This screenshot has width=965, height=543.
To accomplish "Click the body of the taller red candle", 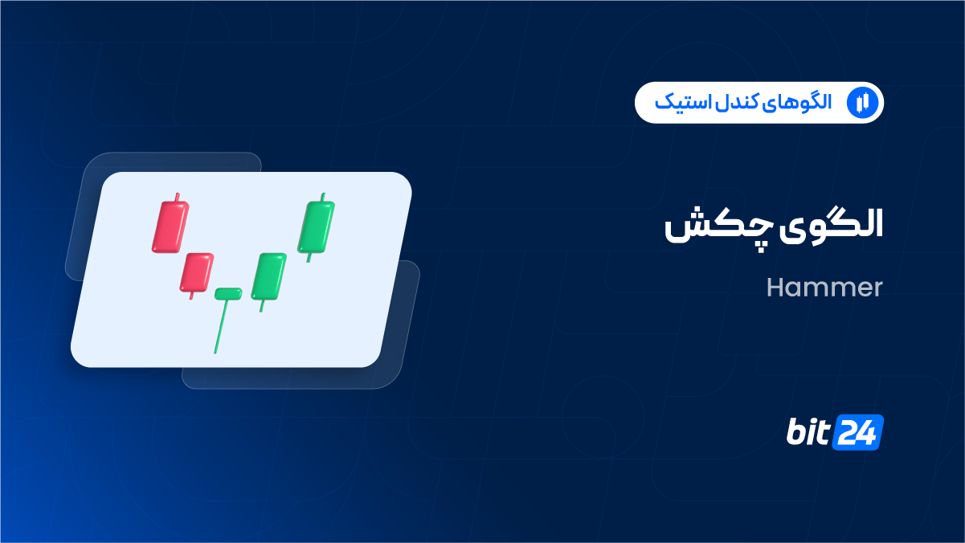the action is pyautogui.click(x=170, y=227).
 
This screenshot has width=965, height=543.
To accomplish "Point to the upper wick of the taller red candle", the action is pyautogui.click(x=177, y=197).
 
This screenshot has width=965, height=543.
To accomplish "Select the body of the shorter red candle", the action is pyautogui.click(x=196, y=272).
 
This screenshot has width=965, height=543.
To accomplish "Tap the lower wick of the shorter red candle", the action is pyautogui.click(x=192, y=296).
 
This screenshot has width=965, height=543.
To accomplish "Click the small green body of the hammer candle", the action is pyautogui.click(x=228, y=294).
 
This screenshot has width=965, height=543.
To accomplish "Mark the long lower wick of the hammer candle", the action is pyautogui.click(x=221, y=326).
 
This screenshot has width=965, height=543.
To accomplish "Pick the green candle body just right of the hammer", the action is pyautogui.click(x=269, y=276).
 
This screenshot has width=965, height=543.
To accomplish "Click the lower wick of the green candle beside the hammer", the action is pyautogui.click(x=261, y=306).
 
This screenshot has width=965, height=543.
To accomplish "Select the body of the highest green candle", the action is pyautogui.click(x=317, y=227).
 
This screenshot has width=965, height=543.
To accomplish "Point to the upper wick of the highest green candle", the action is pyautogui.click(x=323, y=197).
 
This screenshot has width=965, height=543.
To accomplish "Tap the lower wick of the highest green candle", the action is pyautogui.click(x=309, y=258).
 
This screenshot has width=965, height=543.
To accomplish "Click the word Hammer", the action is pyautogui.click(x=824, y=288).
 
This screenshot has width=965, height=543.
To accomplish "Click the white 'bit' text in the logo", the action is pyautogui.click(x=808, y=431).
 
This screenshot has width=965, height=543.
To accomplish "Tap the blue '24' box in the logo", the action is pyautogui.click(x=858, y=432).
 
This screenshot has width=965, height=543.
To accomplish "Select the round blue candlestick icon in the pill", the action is pyautogui.click(x=862, y=103).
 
